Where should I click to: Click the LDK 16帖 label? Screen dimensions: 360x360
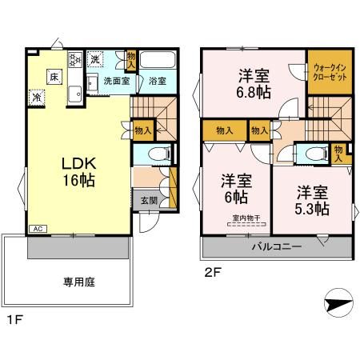point(78,170)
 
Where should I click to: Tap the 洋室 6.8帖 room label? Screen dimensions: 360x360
point(253,83)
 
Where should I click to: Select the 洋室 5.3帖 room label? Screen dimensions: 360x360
point(312,201)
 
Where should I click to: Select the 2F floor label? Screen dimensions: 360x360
point(210,271)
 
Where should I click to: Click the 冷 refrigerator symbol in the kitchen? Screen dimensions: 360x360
point(37,98)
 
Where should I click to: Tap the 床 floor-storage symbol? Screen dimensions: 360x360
point(54,77)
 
